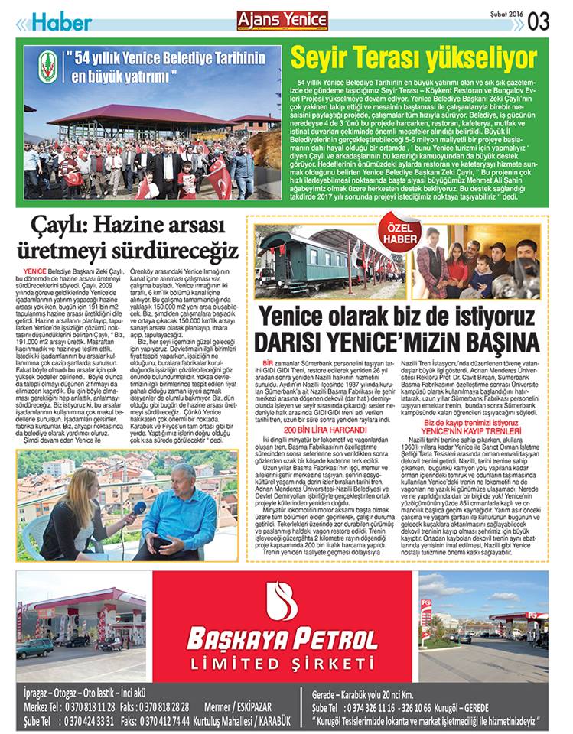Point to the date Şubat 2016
click(506, 15)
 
